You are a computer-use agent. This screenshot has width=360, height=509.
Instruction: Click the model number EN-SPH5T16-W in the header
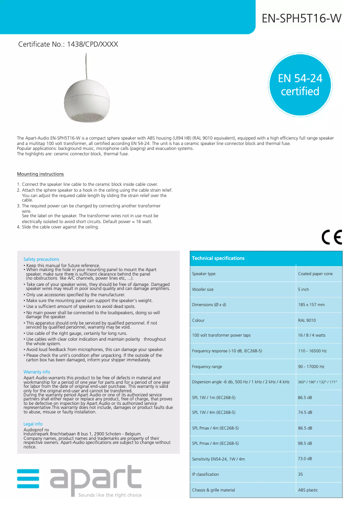click(x=301, y=18)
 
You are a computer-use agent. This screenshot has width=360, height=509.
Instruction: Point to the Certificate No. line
click(x=68, y=44)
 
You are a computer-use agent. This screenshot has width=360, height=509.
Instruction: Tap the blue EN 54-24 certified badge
click(x=300, y=85)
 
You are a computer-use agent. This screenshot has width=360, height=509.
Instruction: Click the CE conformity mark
click(x=332, y=237)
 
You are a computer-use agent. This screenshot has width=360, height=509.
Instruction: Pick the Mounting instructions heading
click(x=40, y=174)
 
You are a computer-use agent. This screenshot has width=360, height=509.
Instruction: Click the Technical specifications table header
click(x=218, y=258)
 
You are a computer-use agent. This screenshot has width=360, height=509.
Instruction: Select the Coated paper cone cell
click(x=315, y=274)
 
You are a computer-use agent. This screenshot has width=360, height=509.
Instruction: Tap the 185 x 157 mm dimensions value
click(x=311, y=305)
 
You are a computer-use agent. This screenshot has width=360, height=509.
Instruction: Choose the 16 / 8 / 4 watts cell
click(x=312, y=335)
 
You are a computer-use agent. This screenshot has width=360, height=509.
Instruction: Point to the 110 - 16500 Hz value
click(x=312, y=351)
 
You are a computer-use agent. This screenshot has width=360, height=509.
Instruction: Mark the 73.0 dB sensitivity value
click(x=305, y=458)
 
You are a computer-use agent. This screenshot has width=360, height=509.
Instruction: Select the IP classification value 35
click(x=300, y=474)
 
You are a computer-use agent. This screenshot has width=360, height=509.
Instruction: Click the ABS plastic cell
click(x=308, y=490)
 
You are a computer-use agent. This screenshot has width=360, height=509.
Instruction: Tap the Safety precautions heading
click(x=41, y=259)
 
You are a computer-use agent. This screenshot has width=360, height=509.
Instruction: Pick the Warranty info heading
click(x=37, y=372)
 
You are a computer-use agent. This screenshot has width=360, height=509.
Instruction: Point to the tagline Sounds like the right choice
click(x=110, y=495)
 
